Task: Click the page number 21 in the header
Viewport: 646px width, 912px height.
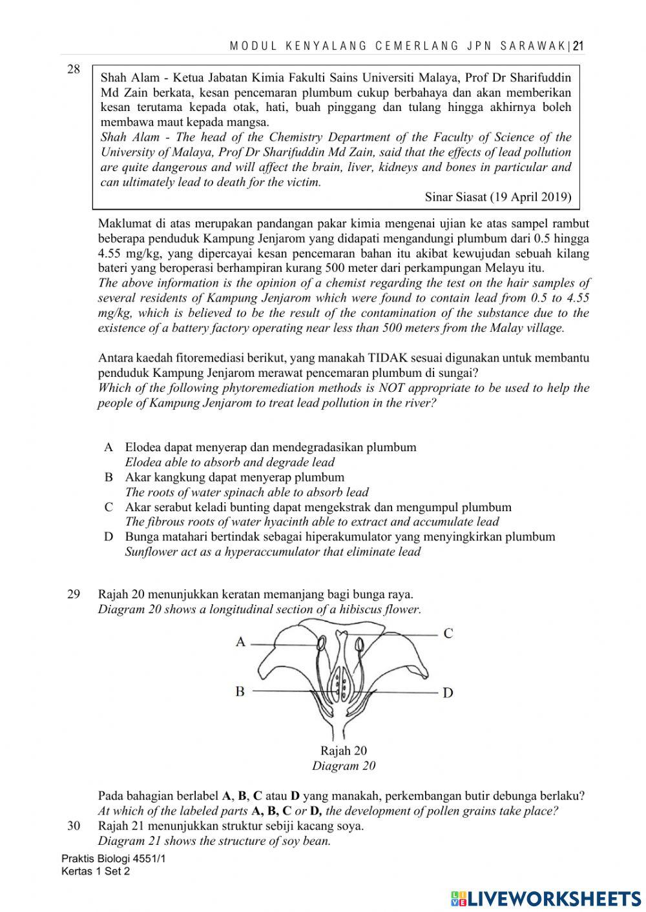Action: tap(578, 46)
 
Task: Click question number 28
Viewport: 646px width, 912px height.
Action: tap(74, 70)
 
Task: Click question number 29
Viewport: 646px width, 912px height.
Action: tap(74, 594)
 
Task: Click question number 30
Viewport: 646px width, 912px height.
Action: tap(74, 826)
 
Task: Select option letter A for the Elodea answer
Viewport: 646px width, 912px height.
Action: tap(109, 447)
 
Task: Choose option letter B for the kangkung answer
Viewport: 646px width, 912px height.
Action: tap(109, 478)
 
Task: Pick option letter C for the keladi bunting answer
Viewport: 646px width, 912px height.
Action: tap(109, 507)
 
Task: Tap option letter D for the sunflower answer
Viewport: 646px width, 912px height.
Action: tap(109, 537)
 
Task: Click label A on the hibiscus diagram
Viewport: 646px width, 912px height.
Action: tap(240, 642)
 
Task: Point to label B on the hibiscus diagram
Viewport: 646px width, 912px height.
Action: tap(240, 691)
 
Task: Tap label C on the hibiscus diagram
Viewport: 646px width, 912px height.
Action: tap(448, 633)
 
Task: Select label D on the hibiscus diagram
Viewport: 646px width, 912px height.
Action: tap(448, 693)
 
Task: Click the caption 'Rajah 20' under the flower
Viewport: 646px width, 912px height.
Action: tap(344, 751)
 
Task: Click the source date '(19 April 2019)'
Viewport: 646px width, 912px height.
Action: tap(531, 198)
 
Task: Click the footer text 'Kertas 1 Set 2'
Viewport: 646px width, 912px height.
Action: tap(96, 871)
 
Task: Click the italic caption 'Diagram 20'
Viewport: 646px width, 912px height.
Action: tap(344, 766)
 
